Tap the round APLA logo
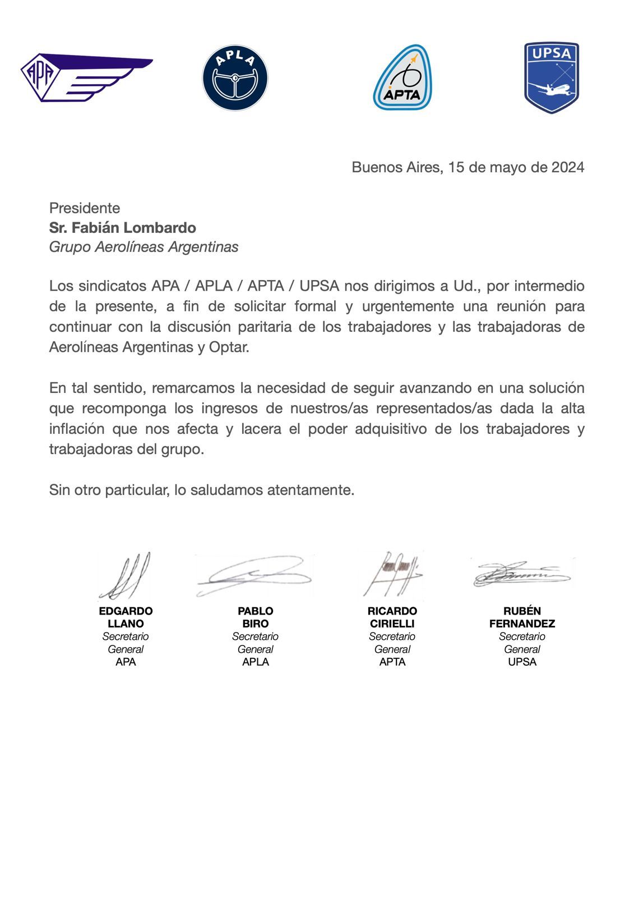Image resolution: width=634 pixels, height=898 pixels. (235, 77)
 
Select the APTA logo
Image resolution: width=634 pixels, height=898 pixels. (402, 77)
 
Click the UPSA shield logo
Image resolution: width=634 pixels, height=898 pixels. (551, 77)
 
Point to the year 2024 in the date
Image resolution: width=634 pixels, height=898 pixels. (567, 167)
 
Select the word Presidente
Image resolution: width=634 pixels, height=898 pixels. (85, 208)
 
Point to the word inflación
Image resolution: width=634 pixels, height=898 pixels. (77, 429)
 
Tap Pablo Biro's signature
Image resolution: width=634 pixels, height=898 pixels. (255, 575)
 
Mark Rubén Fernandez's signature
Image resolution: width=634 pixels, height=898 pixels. (521, 574)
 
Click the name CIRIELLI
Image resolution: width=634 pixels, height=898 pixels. (392, 624)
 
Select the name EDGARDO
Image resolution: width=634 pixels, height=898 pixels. (126, 611)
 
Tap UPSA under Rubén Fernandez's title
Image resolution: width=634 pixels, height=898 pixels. (522, 662)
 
